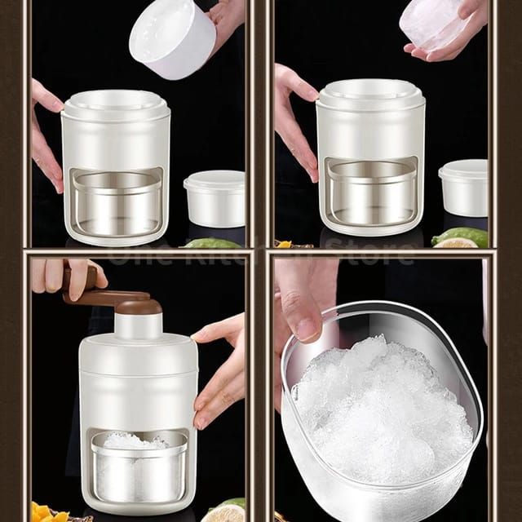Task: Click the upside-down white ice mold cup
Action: [173, 38]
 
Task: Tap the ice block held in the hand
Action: [435, 23]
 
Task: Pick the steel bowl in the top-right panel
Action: [371, 196]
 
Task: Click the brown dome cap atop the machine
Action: [139, 306]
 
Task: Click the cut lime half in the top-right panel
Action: [461, 241]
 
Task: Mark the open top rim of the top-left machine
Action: [115, 100]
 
